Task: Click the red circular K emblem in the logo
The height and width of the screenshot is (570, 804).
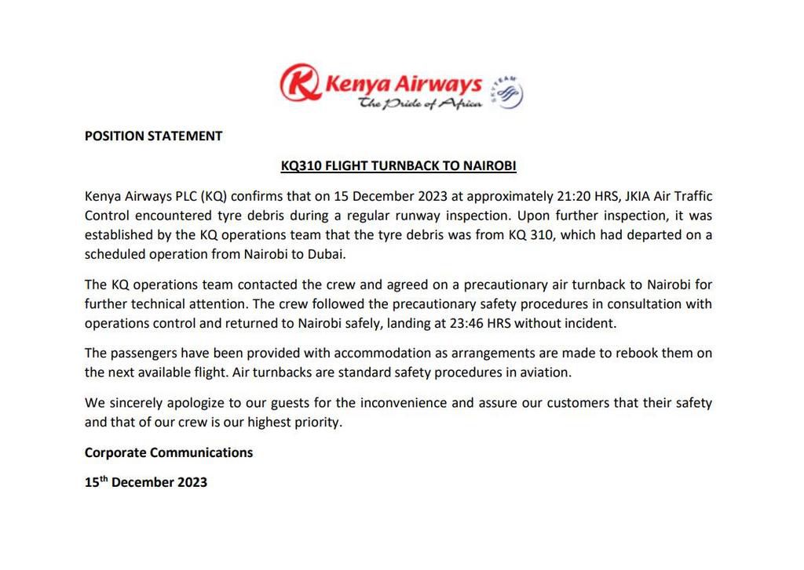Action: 301,84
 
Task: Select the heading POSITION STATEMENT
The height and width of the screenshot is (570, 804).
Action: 153,136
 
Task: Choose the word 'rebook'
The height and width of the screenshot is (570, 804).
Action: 633,353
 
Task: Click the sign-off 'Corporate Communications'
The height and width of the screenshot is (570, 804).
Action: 169,452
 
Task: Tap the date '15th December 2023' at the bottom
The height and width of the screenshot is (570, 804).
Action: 146,482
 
